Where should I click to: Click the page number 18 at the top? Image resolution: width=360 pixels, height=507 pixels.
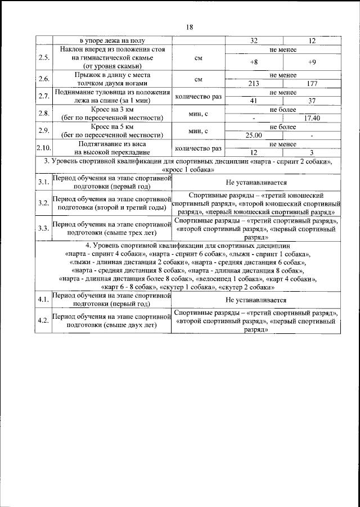tap(189, 26)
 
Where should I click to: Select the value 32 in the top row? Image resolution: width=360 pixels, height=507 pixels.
tap(253, 40)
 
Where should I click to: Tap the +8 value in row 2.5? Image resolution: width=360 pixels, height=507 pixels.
tap(253, 61)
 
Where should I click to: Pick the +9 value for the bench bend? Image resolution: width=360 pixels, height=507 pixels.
tap(312, 61)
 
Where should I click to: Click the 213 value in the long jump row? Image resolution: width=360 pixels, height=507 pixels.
tap(253, 84)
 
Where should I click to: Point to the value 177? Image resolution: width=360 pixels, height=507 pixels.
tap(312, 84)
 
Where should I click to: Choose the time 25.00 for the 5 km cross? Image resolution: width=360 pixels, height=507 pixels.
tap(253, 135)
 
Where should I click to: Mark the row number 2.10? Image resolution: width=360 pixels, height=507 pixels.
tap(43, 148)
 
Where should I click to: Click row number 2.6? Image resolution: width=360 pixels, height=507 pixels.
tap(43, 79)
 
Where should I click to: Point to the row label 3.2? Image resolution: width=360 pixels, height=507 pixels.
tap(43, 203)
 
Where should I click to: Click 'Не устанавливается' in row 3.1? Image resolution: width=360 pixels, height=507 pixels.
tap(256, 183)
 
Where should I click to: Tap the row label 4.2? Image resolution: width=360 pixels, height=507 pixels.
tap(43, 320)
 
